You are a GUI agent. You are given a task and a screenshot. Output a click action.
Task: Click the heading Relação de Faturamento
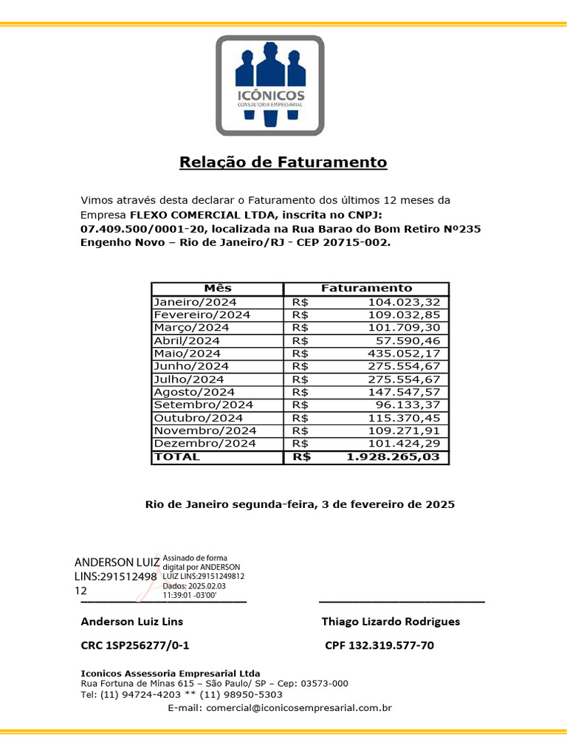283,162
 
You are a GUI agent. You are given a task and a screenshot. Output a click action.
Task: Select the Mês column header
217,289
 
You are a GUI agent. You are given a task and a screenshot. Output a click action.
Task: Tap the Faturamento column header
366,289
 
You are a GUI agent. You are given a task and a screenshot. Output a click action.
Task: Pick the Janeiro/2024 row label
195,302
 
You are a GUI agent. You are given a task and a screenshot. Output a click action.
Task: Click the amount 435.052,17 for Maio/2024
405,354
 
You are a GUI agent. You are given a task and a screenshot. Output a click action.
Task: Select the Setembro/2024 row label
203,405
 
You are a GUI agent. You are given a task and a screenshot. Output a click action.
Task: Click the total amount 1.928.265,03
397,457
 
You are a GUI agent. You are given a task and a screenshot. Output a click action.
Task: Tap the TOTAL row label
176,457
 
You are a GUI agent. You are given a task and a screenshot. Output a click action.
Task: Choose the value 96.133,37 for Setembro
408,405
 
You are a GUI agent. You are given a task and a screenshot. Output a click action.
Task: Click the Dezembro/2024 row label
205,444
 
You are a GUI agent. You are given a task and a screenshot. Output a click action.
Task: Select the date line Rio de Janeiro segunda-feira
300,505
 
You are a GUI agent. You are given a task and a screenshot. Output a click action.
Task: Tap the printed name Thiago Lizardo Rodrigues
391,622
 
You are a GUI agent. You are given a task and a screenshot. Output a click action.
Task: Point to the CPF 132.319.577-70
379,646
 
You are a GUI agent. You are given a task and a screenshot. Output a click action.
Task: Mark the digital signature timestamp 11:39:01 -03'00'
194,594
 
